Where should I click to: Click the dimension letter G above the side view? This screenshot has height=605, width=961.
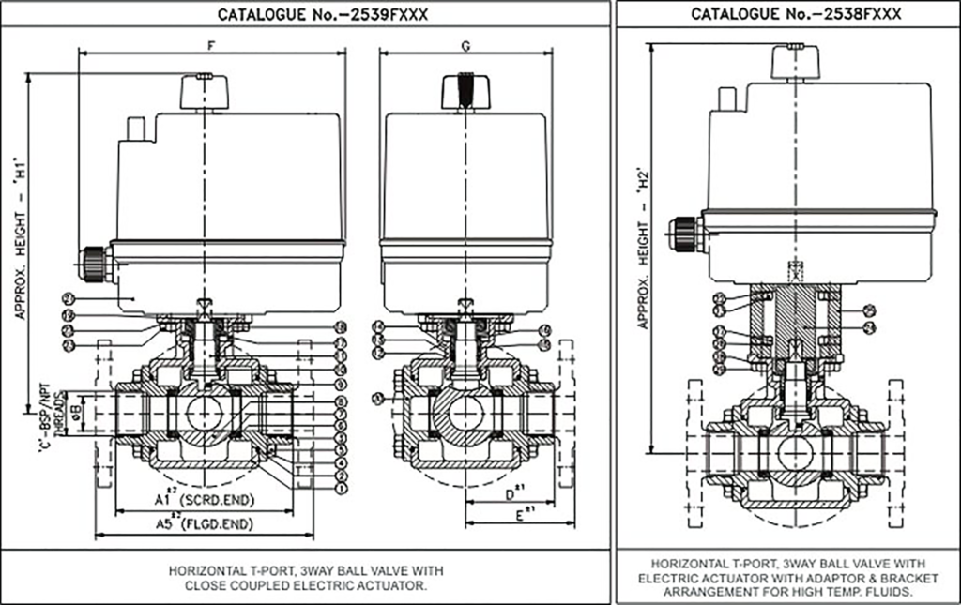[x=466, y=44]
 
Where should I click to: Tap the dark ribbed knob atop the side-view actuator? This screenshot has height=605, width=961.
[x=466, y=92]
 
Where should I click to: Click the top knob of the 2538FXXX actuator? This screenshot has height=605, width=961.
[x=796, y=61]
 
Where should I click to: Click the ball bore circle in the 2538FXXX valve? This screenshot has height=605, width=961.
[x=797, y=452]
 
